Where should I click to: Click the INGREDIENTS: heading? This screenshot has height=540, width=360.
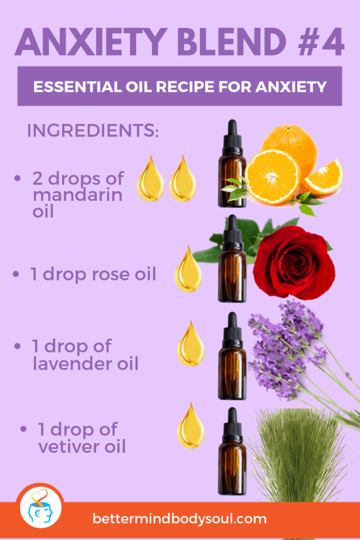click(x=93, y=130)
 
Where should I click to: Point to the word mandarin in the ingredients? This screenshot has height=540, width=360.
click(x=77, y=195)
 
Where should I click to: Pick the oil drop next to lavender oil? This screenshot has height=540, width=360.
click(x=190, y=344)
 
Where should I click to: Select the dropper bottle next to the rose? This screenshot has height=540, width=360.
click(x=232, y=258)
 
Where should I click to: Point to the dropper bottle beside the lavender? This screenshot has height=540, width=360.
click(x=232, y=356)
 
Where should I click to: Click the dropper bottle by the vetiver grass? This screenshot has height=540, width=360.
click(x=232, y=451)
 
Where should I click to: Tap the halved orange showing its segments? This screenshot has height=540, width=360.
click(x=273, y=177)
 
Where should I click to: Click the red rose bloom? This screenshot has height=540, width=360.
click(x=294, y=263)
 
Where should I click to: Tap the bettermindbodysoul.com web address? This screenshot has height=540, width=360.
click(x=180, y=519)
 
